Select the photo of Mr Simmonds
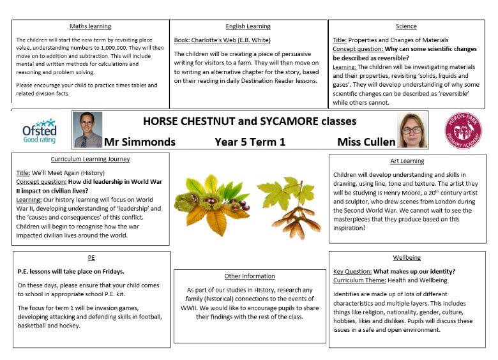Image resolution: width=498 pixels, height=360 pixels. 87,130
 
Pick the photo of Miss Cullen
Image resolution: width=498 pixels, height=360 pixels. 411,130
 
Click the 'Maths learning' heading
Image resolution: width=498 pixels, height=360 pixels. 90,26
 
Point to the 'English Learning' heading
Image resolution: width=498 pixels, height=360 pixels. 248,26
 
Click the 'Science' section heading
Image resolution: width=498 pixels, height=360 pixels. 406,26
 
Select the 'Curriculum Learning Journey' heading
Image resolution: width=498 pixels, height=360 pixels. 90,159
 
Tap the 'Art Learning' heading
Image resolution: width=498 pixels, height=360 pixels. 407,161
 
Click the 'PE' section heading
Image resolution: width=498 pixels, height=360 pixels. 91,258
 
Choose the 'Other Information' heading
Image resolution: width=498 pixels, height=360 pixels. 250,276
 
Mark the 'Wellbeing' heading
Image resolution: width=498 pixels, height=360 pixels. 407,257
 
